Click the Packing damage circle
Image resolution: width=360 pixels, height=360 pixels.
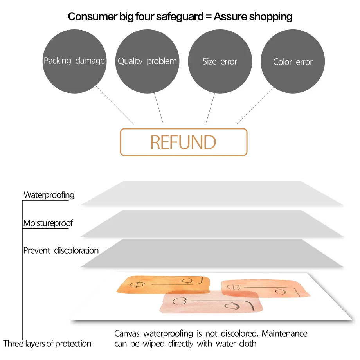74,61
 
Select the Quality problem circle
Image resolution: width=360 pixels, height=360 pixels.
147,61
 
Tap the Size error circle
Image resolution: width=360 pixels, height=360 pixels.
220,61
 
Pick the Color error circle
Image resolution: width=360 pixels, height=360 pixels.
293,62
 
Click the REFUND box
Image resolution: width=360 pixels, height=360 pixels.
183,142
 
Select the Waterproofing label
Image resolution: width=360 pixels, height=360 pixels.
49,194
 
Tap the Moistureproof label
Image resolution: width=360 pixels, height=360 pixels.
48,223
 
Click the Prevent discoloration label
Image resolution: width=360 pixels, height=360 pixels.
61,250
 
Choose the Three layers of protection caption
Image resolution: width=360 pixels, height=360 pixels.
47,344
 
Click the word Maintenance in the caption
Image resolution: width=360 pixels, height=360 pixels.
284,333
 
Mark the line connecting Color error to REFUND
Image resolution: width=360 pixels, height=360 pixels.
255,105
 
